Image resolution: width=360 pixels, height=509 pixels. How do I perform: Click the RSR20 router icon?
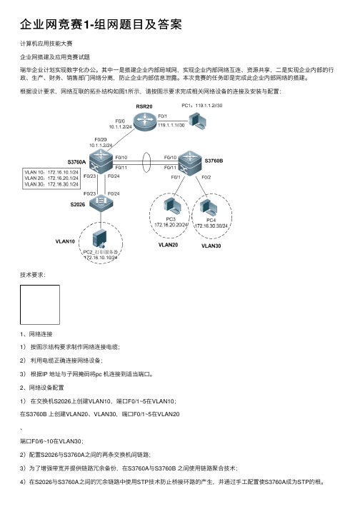point(144,121)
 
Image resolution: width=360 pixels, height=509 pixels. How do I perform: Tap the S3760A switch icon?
point(101,161)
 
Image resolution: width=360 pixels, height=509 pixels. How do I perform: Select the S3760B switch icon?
point(189,163)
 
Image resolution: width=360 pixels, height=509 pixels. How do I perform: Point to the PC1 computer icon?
point(198,121)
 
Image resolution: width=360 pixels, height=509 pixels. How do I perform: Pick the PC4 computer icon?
point(209,208)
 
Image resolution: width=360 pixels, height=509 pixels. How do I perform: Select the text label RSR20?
point(144,106)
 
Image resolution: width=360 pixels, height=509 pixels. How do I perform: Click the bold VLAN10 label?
point(65,241)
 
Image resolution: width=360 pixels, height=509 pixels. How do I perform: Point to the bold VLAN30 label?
point(211,246)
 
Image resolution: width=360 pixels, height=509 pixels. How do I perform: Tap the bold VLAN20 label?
point(168,245)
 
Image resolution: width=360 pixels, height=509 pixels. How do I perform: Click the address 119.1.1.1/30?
point(171,126)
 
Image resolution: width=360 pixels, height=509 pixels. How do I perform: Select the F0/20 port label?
point(101,140)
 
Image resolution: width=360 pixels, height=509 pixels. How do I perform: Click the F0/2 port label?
point(206,177)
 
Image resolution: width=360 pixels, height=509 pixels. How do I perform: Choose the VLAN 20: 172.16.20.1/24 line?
point(51,178)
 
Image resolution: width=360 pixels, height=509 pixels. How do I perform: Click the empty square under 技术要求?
point(40,305)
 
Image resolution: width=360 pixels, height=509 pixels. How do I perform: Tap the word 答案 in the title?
point(169,25)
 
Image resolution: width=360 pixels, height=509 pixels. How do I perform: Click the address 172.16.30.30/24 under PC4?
point(211,226)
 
